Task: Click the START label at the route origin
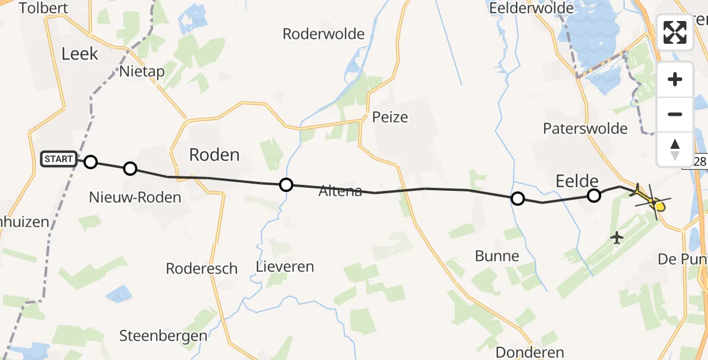(59, 160)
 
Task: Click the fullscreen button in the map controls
(675, 32)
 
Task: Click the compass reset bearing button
(675, 149)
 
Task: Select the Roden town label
(214, 155)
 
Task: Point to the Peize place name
(390, 117)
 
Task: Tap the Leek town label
(79, 54)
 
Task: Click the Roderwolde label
(323, 34)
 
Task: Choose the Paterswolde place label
(585, 128)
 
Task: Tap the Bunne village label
(497, 256)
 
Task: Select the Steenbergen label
(163, 336)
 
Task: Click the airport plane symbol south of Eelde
(616, 238)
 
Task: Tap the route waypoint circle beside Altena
(286, 185)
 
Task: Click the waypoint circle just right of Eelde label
(594, 195)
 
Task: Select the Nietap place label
(142, 71)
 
